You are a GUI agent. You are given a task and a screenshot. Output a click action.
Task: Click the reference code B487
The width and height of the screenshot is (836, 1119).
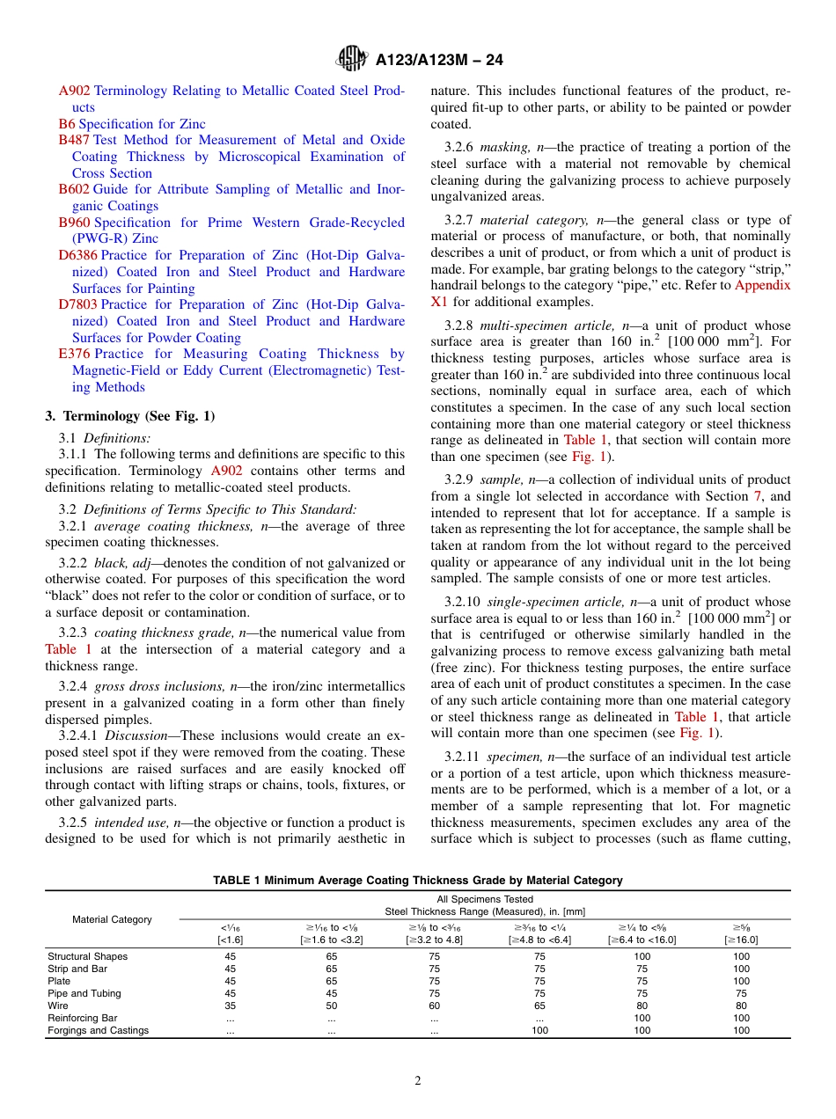[x=74, y=140]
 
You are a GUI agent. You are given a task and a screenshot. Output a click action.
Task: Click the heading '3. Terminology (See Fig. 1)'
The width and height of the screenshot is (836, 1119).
[x=129, y=416]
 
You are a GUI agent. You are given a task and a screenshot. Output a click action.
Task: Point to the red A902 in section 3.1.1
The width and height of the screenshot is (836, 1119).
[x=226, y=471]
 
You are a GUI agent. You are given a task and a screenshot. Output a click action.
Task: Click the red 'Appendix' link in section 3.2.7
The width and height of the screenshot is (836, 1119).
[x=762, y=285]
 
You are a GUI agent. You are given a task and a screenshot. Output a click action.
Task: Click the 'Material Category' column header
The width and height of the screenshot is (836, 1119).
[x=112, y=919]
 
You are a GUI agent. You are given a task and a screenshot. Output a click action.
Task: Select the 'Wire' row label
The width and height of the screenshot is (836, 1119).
[x=57, y=1006]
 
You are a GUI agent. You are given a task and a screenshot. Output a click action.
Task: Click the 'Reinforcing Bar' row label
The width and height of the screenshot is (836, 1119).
[x=82, y=1018]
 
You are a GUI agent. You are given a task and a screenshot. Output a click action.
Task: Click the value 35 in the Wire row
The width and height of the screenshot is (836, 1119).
[x=230, y=1006]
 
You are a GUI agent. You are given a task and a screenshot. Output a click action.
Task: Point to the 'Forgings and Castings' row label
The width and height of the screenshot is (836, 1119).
[x=98, y=1030]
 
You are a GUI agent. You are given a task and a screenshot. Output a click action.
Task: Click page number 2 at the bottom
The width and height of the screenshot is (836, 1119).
[x=418, y=1081]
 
